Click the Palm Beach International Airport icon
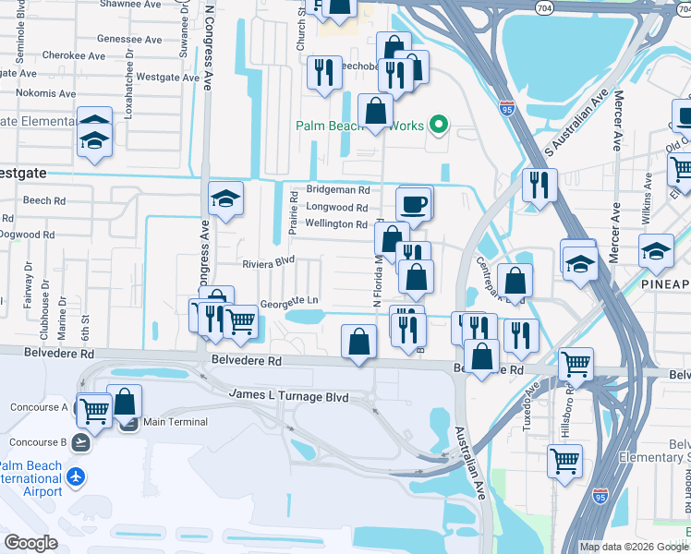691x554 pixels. [x=75, y=477]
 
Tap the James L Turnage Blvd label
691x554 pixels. [x=288, y=396]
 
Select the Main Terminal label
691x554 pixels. [x=175, y=422]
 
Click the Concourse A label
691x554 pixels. [x=39, y=407]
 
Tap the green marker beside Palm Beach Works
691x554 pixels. [x=440, y=126]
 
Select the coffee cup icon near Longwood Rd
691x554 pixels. [x=413, y=203]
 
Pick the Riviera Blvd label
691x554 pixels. [x=268, y=262]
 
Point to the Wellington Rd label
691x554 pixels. [x=336, y=224]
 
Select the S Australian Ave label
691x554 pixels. [x=576, y=121]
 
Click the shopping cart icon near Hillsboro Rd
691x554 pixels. [x=564, y=459]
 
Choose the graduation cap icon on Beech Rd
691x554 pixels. [x=225, y=198]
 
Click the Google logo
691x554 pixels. [x=30, y=543]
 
